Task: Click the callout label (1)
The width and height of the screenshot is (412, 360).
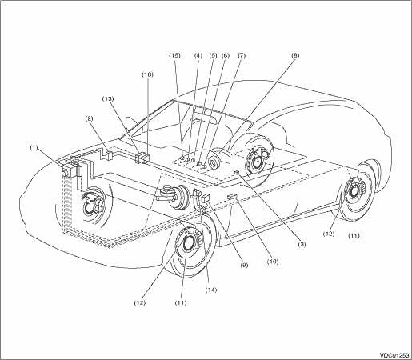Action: (34, 147)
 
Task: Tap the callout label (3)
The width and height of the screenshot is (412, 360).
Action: (302, 244)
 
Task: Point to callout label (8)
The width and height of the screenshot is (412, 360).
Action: (295, 55)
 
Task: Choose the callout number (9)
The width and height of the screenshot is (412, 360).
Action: (244, 265)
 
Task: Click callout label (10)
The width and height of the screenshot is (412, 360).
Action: (272, 262)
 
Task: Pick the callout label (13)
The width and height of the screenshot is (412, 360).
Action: (108, 98)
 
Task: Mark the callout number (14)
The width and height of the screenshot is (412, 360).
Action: (211, 290)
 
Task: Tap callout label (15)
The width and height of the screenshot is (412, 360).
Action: (174, 55)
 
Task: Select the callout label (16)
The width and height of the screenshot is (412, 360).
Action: (147, 74)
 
